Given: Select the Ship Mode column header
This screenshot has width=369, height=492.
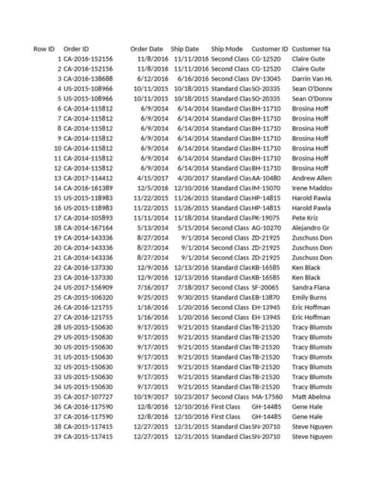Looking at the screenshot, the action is (x=227, y=49).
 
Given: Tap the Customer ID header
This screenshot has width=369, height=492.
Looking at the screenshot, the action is (x=270, y=49).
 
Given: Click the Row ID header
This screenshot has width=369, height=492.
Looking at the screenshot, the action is (x=44, y=49).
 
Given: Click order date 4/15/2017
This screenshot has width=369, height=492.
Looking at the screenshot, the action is (x=150, y=177).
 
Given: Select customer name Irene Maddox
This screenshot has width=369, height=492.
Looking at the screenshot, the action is (x=311, y=188).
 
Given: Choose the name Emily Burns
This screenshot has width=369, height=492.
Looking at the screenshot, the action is (x=309, y=297).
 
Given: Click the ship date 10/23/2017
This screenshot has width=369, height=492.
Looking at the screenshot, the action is (x=191, y=395).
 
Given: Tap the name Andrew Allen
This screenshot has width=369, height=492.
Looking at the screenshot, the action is (x=312, y=177).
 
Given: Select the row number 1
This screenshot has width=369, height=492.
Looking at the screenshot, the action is (x=59, y=58).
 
